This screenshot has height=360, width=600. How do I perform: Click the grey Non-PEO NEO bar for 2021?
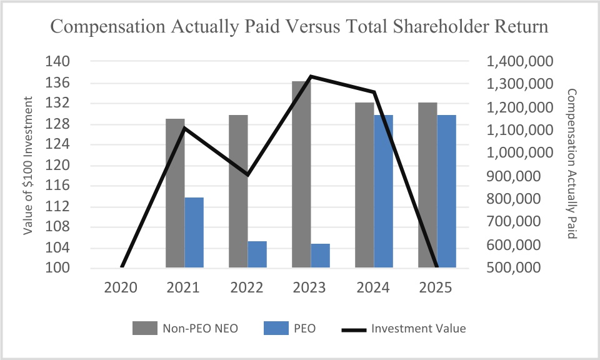[175, 194]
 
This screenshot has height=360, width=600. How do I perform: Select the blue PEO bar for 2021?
[194, 232]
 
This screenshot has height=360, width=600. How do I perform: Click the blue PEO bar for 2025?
[446, 191]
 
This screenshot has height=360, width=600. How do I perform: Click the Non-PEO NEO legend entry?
[186, 328]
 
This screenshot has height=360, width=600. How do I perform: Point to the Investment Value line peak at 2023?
[310, 77]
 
